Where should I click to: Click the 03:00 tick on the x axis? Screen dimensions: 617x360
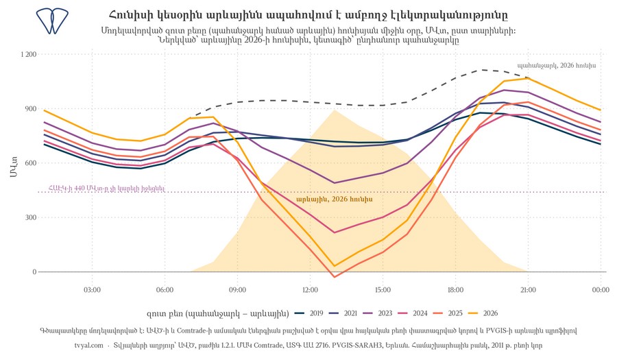coord(92,290)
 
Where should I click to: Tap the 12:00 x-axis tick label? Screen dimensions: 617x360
coord(310,290)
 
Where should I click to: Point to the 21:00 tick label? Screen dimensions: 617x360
coord(528,290)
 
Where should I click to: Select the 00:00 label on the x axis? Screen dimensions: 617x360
coord(601,290)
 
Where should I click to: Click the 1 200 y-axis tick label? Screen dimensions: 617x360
coord(28,54)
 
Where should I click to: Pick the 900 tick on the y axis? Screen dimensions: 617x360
coord(32,108)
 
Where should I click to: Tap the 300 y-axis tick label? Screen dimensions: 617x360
coord(32,217)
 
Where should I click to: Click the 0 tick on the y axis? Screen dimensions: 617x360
coord(35,272)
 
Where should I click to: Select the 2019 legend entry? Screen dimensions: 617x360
coord(309,313)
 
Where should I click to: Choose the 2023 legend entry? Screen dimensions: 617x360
coord(378,313)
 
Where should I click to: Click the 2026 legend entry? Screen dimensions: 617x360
coord(483,313)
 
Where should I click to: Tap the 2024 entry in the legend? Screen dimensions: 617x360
coord(413,313)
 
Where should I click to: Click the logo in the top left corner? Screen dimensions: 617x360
coord(52,21)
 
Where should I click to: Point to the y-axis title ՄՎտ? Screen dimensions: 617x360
coord(14,167)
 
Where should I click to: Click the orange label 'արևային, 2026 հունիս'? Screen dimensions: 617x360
coord(335,199)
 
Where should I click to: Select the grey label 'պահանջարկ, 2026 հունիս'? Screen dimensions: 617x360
coord(557,65)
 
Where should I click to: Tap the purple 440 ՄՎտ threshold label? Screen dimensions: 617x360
coord(107,189)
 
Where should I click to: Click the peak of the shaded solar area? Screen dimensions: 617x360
coord(335,110)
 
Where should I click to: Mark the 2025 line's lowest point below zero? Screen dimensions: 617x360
coord(335,277)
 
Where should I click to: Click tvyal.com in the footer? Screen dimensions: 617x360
coord(89,346)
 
